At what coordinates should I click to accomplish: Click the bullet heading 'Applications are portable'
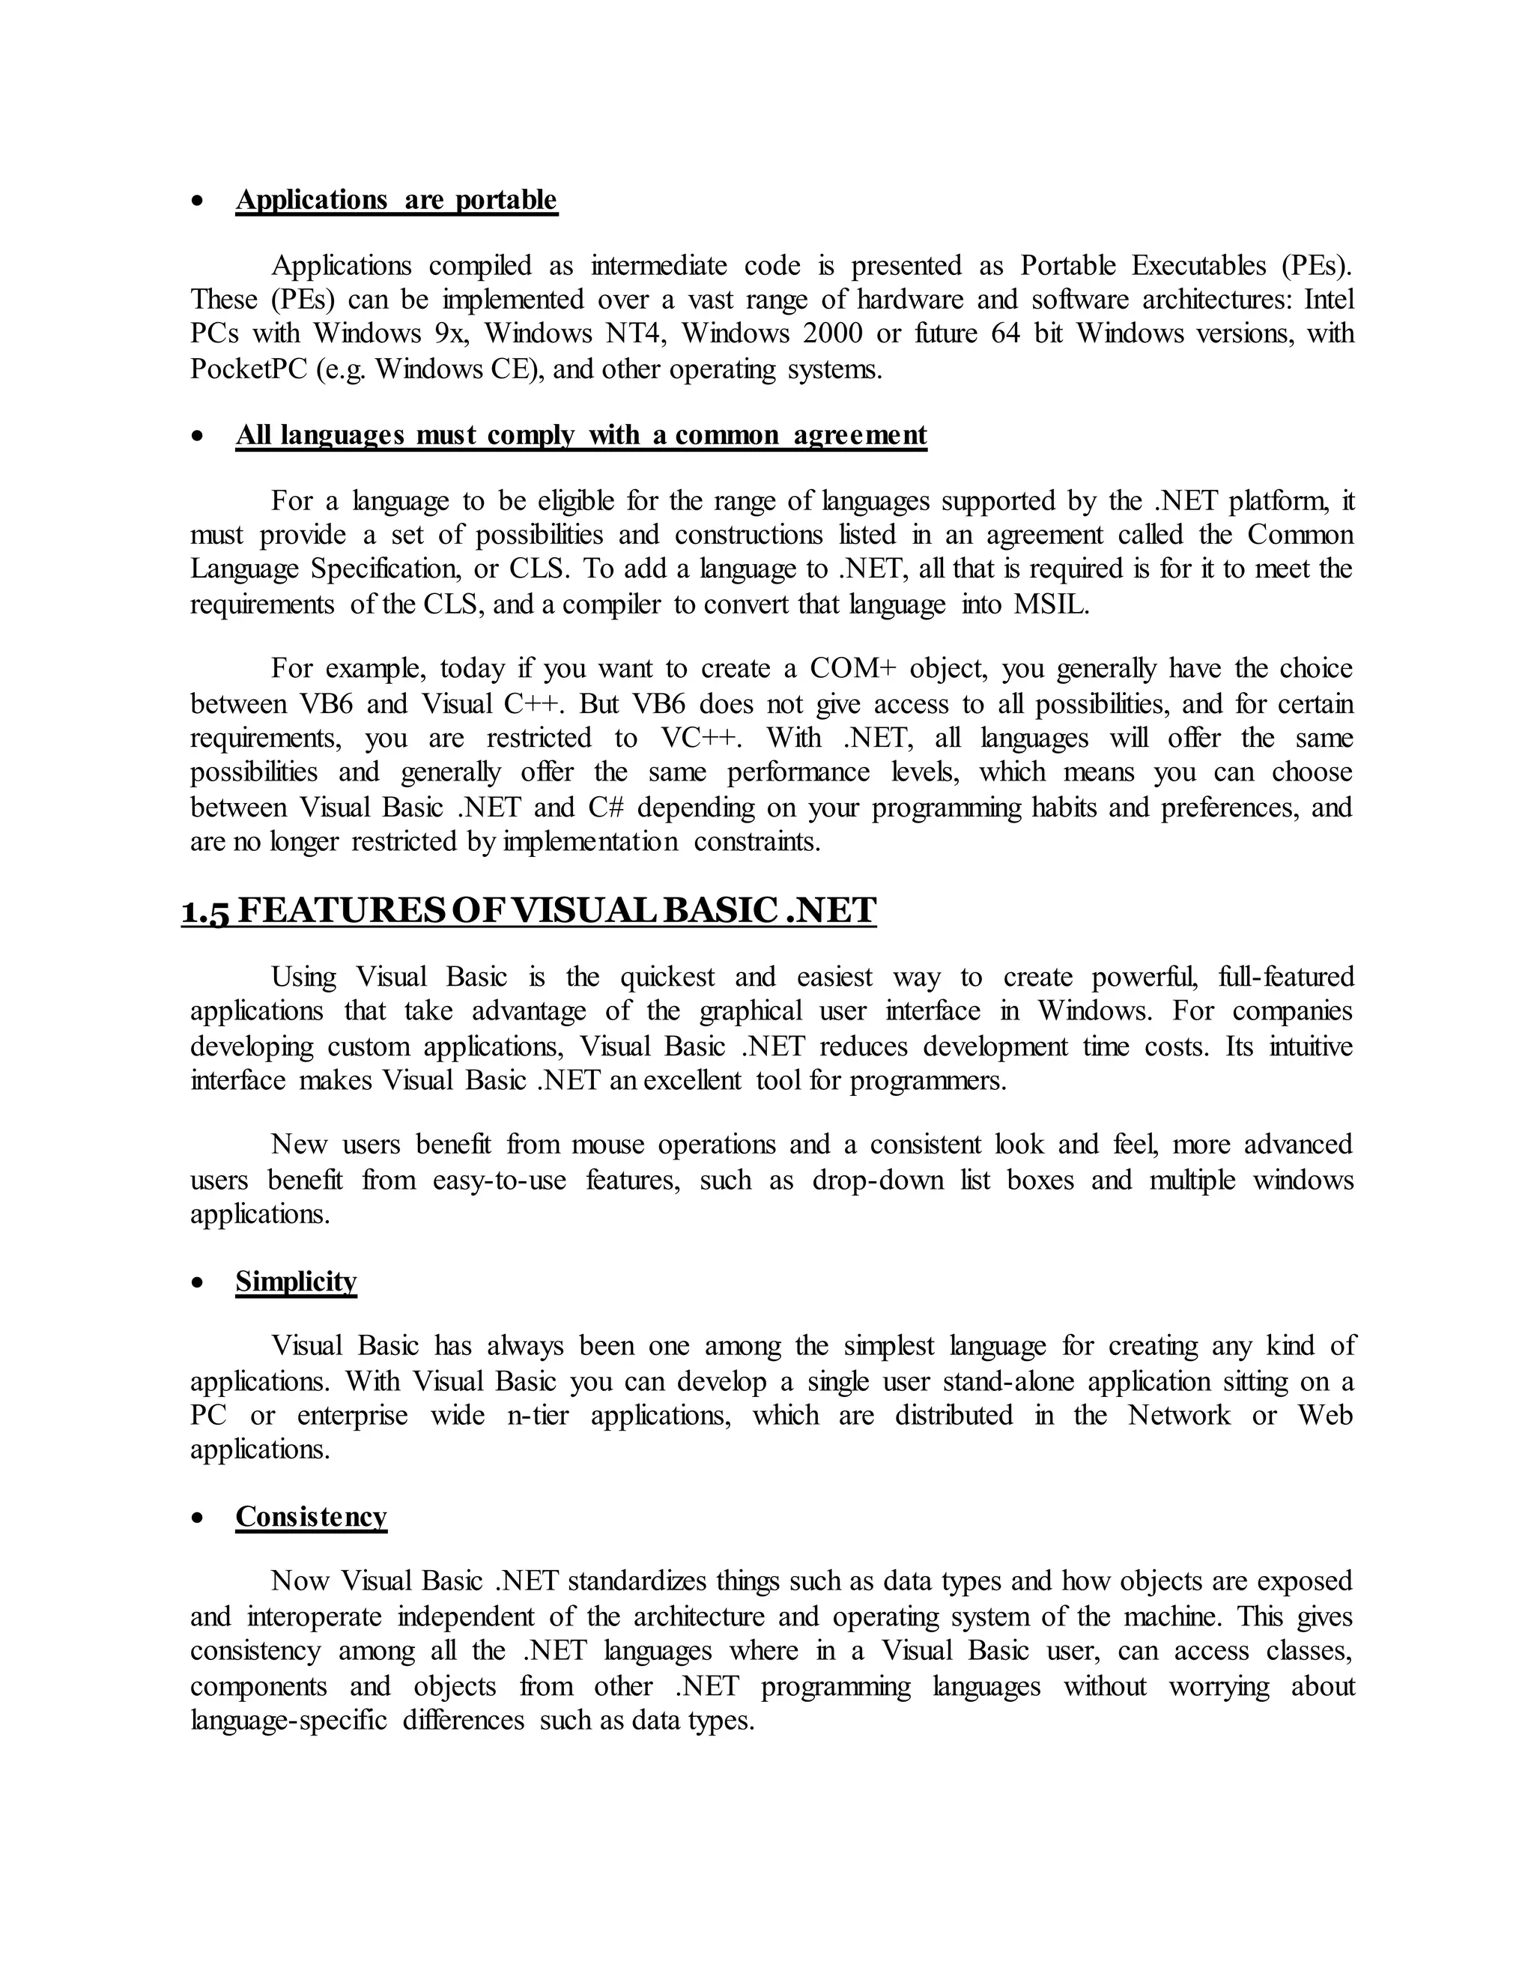tap(396, 200)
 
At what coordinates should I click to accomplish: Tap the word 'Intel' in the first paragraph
tap(1329, 299)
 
